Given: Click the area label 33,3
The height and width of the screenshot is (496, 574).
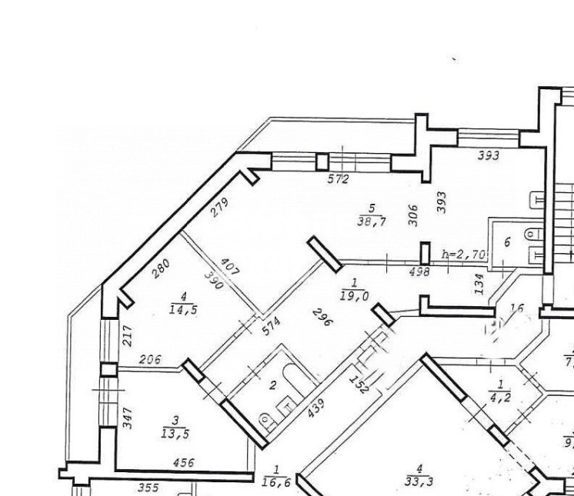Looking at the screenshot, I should [x=419, y=482].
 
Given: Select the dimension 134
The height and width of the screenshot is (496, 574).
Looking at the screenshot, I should [x=477, y=284].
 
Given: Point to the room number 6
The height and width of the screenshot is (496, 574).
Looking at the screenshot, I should [x=507, y=241].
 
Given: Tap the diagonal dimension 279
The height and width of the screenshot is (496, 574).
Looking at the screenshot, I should [x=220, y=208].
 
